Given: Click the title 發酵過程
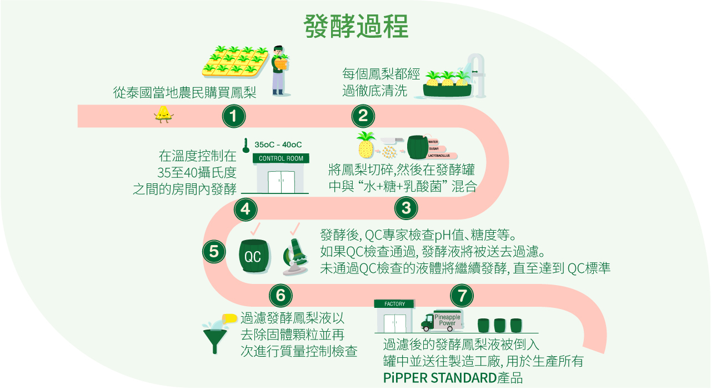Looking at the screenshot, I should coord(356,26).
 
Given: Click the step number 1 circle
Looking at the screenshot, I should coord(233,116).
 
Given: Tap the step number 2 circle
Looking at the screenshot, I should coord(363,116).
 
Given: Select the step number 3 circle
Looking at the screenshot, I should coord(406,208).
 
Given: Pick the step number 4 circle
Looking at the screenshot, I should coord(246,209).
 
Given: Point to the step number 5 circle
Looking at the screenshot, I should coord(214,251).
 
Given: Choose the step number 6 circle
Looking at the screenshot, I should coord(281,295).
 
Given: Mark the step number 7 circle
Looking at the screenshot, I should coord(462,295).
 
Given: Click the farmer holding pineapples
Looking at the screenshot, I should coord(281,69).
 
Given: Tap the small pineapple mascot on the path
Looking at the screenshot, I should coord(163,114).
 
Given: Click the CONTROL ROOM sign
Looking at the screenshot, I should coord(281,158).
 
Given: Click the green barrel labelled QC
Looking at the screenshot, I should coord(253,256).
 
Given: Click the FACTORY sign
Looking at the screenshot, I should coord(394,304).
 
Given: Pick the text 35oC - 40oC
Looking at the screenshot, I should coord(278,144).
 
